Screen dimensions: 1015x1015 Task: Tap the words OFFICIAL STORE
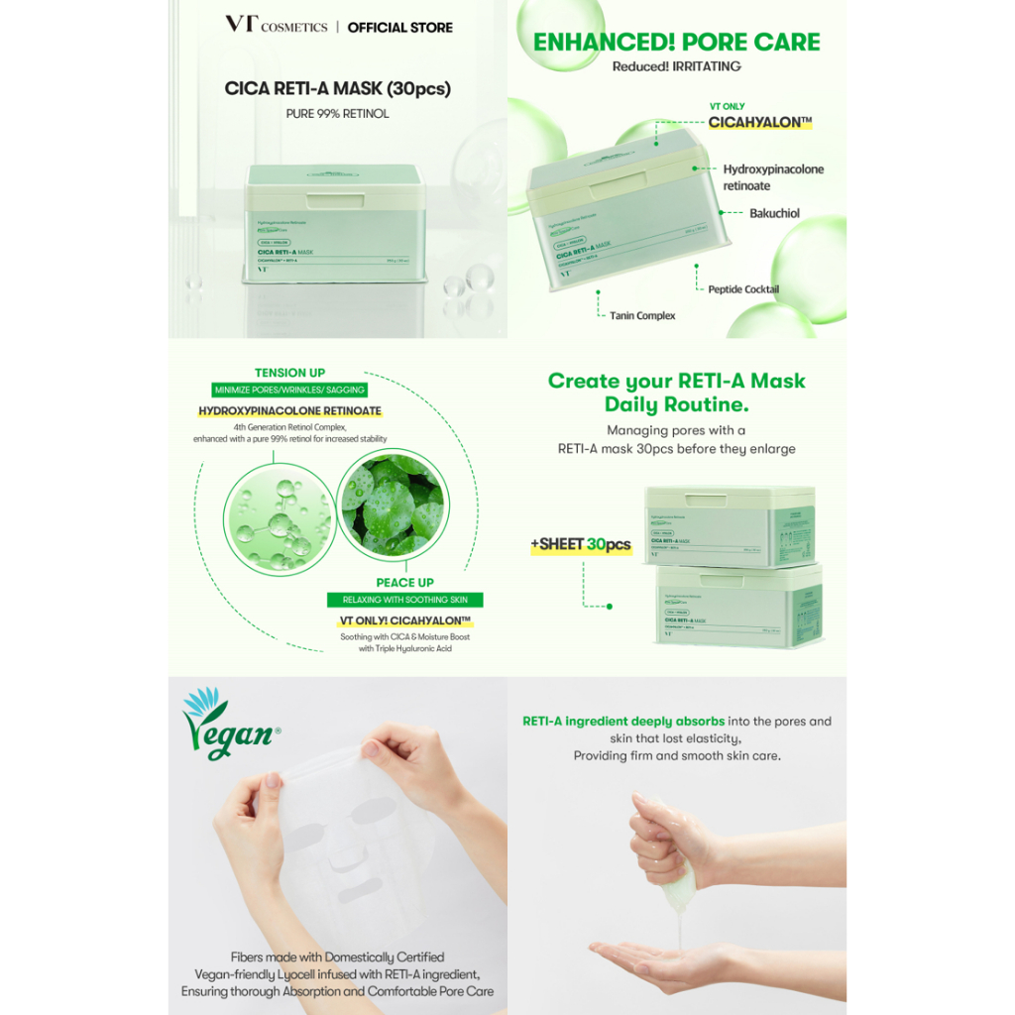[399, 28]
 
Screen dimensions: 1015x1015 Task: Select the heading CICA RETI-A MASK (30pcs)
[337, 88]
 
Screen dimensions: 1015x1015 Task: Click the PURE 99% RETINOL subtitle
[337, 114]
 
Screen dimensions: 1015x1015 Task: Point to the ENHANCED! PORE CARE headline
[677, 43]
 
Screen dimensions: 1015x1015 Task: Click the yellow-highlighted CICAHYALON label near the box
[760, 123]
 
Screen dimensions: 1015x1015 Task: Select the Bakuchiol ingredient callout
[774, 213]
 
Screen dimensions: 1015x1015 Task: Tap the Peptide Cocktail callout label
[742, 289]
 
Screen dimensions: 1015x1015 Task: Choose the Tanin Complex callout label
[641, 315]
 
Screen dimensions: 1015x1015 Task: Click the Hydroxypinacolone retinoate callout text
[773, 177]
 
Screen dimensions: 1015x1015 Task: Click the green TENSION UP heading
[289, 373]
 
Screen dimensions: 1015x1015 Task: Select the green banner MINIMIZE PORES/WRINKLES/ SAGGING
[289, 391]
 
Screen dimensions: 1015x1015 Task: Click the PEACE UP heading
[404, 582]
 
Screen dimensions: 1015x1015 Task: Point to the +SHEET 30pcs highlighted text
[580, 545]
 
